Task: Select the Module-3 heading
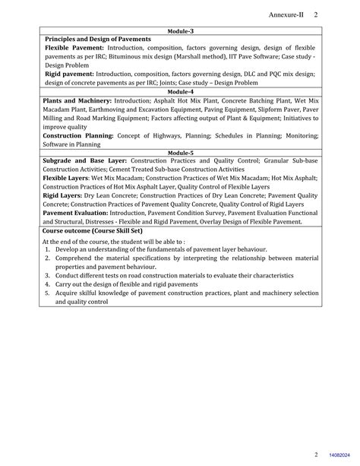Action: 180,31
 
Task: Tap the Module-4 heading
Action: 180,91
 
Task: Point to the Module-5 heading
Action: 180,153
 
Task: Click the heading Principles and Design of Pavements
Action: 98,39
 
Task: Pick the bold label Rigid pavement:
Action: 69,74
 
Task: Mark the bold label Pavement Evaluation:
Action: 77,214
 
